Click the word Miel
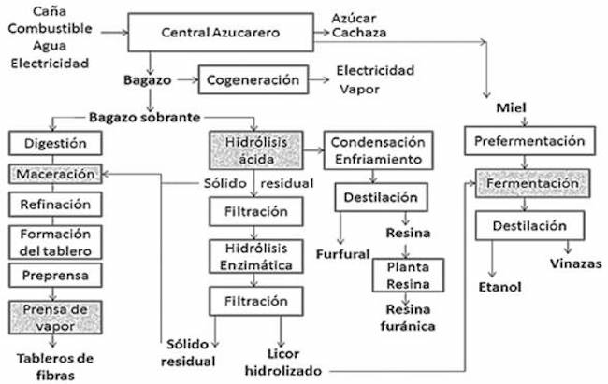(x=512, y=109)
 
